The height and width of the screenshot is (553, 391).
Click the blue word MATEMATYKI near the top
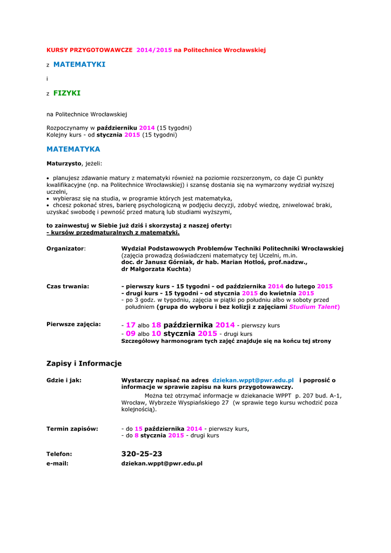coord(79,64)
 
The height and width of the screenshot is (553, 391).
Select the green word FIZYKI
coord(66,93)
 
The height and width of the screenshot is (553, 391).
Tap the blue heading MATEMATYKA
coord(73,149)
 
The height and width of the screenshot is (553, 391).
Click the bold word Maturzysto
coord(64,163)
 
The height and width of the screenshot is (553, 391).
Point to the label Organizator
coord(66,248)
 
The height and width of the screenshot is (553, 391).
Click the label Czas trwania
coord(68,286)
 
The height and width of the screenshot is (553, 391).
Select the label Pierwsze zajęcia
coord(73,324)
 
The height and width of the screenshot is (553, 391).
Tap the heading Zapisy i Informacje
coord(84,363)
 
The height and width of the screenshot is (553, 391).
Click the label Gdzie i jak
coord(64,380)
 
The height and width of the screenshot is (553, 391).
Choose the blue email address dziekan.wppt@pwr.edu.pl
coord(253,380)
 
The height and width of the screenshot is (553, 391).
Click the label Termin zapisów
coord(72,428)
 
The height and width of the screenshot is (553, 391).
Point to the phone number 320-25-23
coord(142,454)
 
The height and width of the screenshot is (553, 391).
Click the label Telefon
coord(59,454)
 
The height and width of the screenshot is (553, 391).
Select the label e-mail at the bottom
coord(58,463)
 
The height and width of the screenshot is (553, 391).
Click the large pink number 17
coord(130,325)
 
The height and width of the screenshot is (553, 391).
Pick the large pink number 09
coord(130,334)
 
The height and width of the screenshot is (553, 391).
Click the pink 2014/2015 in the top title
coord(154,50)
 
